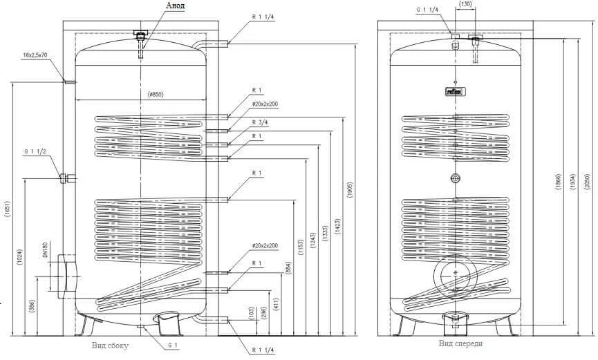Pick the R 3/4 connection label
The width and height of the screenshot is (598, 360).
(260, 122)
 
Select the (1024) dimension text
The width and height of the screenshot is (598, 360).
(21, 256)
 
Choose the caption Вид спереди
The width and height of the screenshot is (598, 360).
(460, 343)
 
